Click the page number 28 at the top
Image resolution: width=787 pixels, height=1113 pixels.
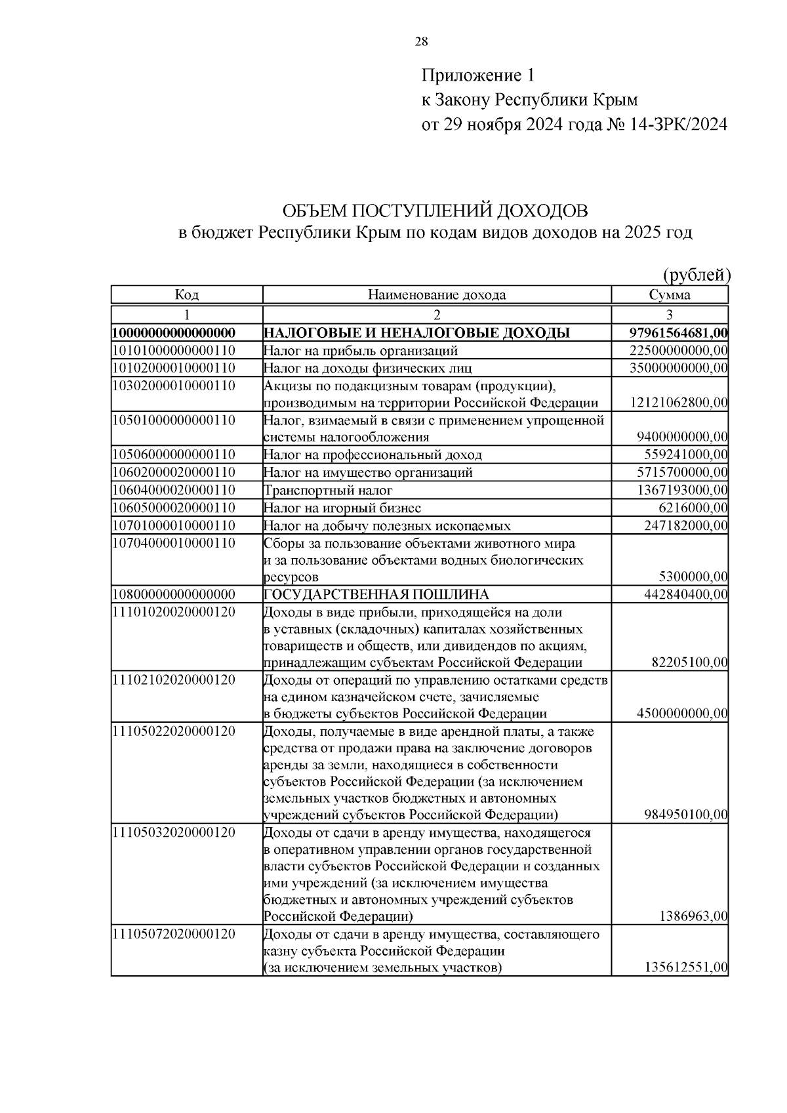pos(421,43)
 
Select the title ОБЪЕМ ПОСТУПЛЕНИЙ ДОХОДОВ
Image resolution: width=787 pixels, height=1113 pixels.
pos(435,211)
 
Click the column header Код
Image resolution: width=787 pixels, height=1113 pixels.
pos(186,295)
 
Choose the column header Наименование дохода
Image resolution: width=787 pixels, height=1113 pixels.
pos(437,295)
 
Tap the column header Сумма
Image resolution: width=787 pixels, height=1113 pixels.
pos(669,295)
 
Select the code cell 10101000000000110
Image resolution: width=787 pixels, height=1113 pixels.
pos(174,350)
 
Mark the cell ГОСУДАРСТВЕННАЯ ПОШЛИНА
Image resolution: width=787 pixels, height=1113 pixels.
pos(376,595)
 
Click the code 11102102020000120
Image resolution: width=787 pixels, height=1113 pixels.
pos(174,679)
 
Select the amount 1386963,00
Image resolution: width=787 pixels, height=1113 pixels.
pos(693,916)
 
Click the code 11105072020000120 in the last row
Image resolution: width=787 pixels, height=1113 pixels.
pos(174,934)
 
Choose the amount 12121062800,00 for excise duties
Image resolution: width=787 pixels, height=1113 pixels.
pos(678,402)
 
